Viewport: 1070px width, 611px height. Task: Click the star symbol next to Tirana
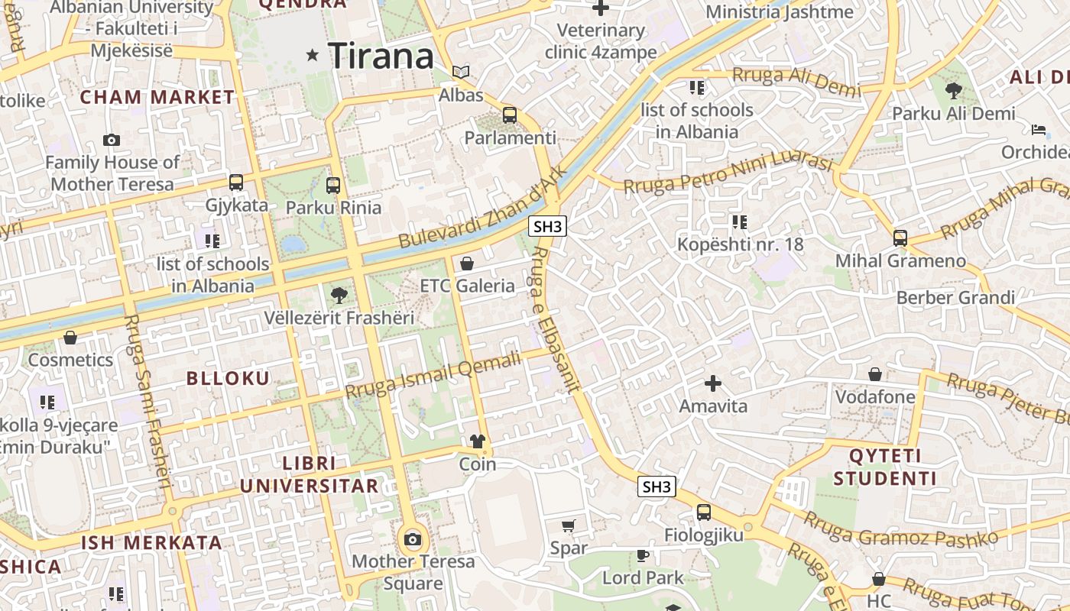(x=312, y=55)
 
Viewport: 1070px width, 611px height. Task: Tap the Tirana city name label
(x=381, y=57)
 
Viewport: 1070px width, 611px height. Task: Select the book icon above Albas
(x=460, y=73)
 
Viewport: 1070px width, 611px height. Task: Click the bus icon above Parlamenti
(x=510, y=115)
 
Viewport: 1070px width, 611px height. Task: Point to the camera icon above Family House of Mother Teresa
(x=112, y=141)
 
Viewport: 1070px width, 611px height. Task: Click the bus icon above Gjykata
(x=236, y=183)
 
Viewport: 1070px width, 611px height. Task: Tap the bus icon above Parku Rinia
(x=333, y=185)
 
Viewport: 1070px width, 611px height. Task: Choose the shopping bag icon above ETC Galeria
(x=467, y=263)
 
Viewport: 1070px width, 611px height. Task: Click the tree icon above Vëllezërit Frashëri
(x=339, y=295)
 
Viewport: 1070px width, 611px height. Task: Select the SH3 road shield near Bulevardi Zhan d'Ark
(x=548, y=226)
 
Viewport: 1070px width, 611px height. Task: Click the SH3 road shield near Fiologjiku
(x=657, y=487)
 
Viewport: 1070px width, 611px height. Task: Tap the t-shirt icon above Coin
(x=478, y=441)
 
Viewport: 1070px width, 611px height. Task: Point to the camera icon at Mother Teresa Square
(x=413, y=539)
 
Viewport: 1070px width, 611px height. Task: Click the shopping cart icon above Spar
(x=569, y=525)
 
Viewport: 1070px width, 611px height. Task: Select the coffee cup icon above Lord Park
(x=643, y=555)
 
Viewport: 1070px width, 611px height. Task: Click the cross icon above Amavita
(x=713, y=383)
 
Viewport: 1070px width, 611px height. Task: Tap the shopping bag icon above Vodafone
(x=875, y=374)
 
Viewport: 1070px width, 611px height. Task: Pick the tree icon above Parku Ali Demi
(x=953, y=91)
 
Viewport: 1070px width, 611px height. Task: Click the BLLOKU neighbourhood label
(x=229, y=378)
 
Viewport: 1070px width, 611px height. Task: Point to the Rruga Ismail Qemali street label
(x=433, y=374)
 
